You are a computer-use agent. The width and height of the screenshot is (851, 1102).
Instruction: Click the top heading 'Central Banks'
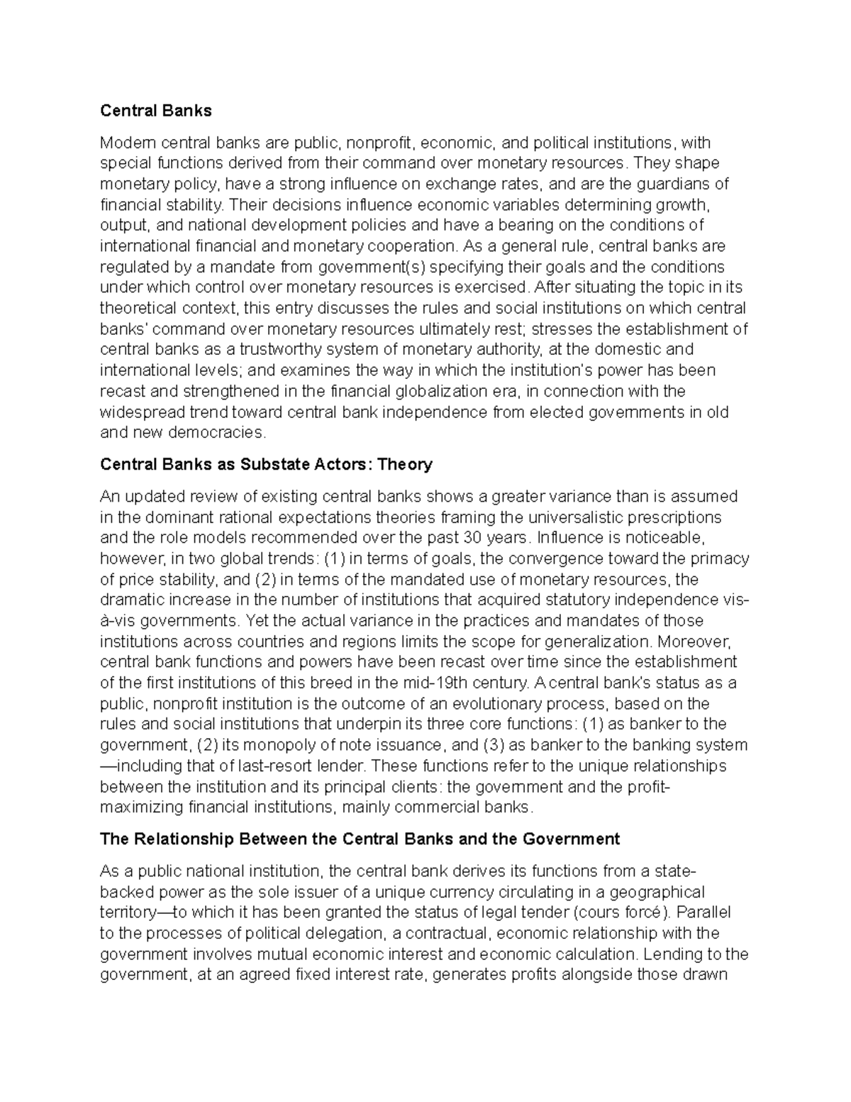pyautogui.click(x=156, y=111)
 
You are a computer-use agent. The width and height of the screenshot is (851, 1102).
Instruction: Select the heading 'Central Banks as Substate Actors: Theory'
pyautogui.click(x=266, y=465)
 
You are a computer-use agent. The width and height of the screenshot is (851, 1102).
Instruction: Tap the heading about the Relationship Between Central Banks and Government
pyautogui.click(x=360, y=839)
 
